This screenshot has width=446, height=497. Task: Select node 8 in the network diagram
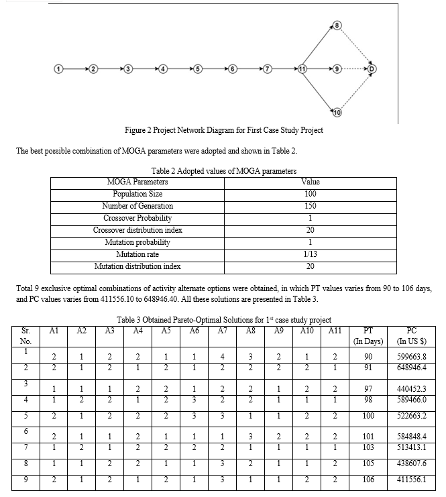pyautogui.click(x=337, y=25)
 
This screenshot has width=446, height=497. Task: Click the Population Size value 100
pyautogui.click(x=311, y=194)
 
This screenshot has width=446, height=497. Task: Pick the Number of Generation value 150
pyautogui.click(x=311, y=206)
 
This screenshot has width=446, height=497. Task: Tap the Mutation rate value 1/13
pyautogui.click(x=311, y=254)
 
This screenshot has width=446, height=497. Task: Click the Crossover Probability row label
pyautogui.click(x=137, y=218)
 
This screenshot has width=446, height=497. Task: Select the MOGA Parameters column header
pyautogui.click(x=137, y=182)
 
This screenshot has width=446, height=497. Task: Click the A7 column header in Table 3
pyautogui.click(x=223, y=330)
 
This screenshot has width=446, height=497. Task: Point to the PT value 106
pyautogui.click(x=368, y=480)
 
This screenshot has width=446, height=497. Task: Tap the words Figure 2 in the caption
pyautogui.click(x=141, y=130)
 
